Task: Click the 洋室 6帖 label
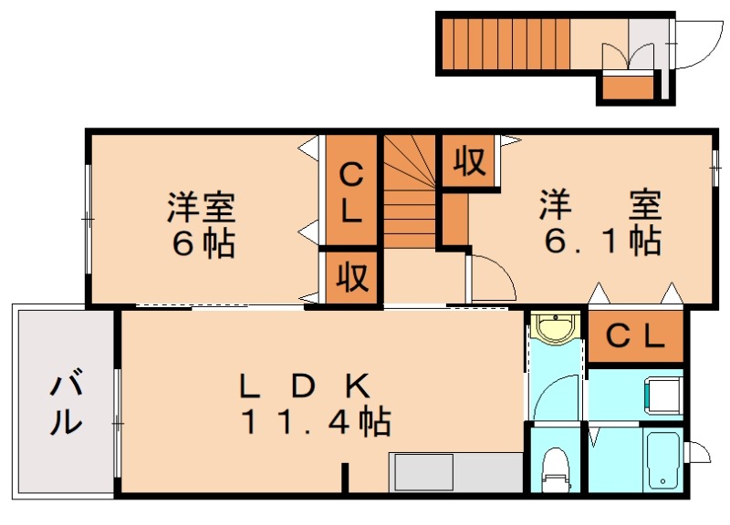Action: pyautogui.click(x=201, y=224)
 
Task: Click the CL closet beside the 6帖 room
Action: pyautogui.click(x=350, y=192)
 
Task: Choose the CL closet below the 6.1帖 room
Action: pyautogui.click(x=635, y=337)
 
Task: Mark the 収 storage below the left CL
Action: pyautogui.click(x=349, y=274)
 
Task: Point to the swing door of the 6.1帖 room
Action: pyautogui.click(x=488, y=278)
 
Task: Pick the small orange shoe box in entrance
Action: pyautogui.click(x=629, y=87)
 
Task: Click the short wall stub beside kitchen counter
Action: pyautogui.click(x=345, y=479)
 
